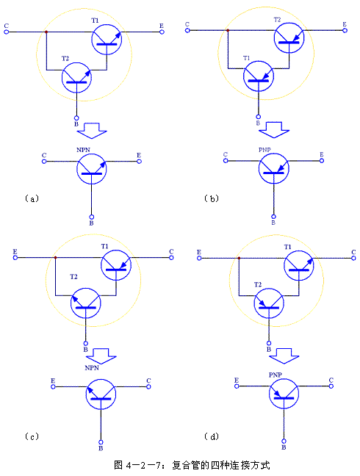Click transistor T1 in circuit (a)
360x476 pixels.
point(107,40)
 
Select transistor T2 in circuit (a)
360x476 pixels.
point(76,78)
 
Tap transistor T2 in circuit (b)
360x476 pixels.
point(289,38)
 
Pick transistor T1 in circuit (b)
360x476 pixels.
point(259,76)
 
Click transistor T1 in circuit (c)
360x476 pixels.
point(116,265)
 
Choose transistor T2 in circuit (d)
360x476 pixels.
point(269,303)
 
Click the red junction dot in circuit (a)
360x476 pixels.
point(46,32)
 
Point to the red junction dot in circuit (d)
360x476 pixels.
point(239,258)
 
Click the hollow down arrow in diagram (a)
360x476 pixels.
point(92,131)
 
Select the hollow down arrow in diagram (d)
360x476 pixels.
point(284,356)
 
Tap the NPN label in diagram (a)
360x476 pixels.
point(83,150)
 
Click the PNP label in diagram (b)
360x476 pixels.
point(264,150)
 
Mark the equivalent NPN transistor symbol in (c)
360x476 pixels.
point(101,394)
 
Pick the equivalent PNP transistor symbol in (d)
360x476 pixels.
point(284,394)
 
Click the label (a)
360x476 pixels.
point(32,198)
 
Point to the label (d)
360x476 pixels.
point(212,436)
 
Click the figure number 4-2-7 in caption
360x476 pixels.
point(143,466)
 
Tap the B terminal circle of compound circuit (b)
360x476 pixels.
point(259,117)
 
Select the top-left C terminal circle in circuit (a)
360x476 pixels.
point(7,32)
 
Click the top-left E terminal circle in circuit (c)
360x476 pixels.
point(15,257)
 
